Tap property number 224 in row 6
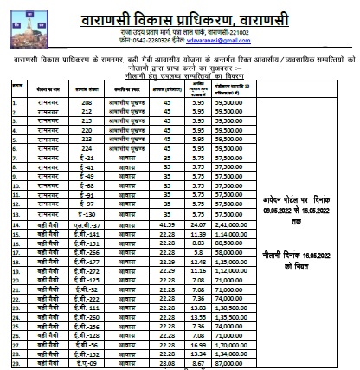click(x=86, y=173)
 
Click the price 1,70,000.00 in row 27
click(x=215, y=344)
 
